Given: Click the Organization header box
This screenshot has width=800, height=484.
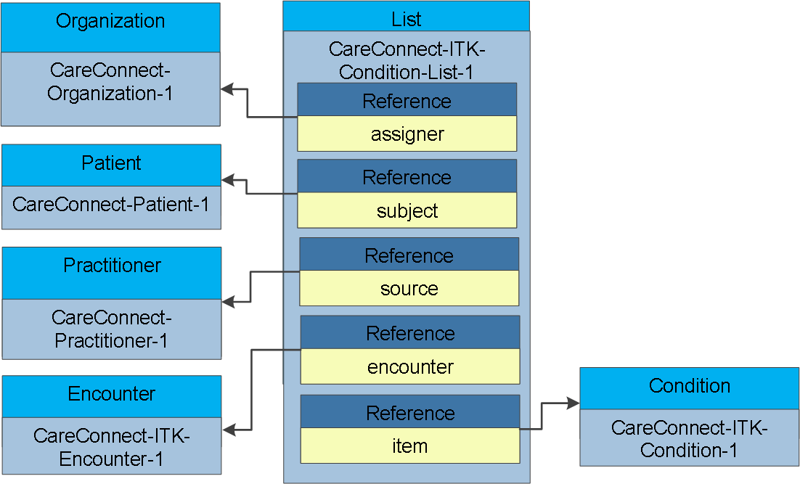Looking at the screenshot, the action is click(x=111, y=28).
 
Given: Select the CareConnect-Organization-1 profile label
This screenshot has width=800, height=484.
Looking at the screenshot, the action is click(x=110, y=81).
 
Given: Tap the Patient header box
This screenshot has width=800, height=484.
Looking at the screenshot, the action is click(x=111, y=165).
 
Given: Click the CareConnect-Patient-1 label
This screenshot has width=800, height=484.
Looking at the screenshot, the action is click(x=111, y=205).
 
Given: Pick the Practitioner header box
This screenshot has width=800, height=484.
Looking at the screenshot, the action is click(x=112, y=273).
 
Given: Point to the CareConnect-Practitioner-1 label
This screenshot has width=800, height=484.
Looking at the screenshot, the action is click(x=111, y=329).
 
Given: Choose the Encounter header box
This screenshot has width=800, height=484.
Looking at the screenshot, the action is click(x=112, y=396).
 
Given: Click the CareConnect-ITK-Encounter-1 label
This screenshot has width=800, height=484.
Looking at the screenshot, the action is click(x=111, y=447).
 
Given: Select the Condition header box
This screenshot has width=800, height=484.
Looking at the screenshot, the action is click(x=689, y=388).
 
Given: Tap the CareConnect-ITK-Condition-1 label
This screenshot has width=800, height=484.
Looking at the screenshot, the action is click(x=689, y=438).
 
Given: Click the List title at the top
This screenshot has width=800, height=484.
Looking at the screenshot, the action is click(x=406, y=20).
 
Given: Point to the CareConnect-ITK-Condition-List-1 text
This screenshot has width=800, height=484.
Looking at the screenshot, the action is click(x=406, y=61).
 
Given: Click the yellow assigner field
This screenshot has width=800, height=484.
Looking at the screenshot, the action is click(x=407, y=134).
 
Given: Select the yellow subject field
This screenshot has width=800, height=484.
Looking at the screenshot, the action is click(x=407, y=210).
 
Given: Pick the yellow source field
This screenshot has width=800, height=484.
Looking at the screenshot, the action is click(x=409, y=288).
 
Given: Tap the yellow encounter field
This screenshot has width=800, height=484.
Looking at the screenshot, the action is click(x=410, y=366).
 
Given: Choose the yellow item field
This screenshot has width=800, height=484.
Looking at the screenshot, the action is click(x=410, y=446).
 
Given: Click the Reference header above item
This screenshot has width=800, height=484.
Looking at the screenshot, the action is click(x=410, y=411).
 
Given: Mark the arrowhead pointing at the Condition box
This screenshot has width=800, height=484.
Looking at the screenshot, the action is click(x=574, y=403).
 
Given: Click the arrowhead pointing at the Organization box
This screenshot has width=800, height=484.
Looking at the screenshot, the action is click(x=227, y=89).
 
